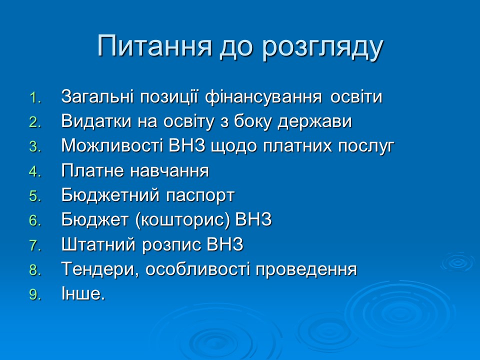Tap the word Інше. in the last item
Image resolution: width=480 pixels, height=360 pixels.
[x=83, y=294]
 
